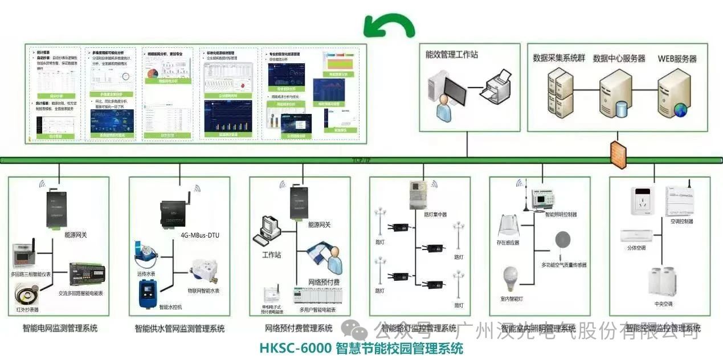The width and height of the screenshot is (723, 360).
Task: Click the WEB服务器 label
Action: (677, 59)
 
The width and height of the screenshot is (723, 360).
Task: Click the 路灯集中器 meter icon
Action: (418, 196)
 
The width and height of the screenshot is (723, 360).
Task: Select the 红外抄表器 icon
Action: (27, 295)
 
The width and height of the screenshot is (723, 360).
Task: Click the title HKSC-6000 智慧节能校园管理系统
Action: (361, 348)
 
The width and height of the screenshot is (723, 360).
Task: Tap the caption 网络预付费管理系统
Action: (299, 328)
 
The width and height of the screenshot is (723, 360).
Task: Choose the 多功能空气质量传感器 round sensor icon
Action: (563, 240)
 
